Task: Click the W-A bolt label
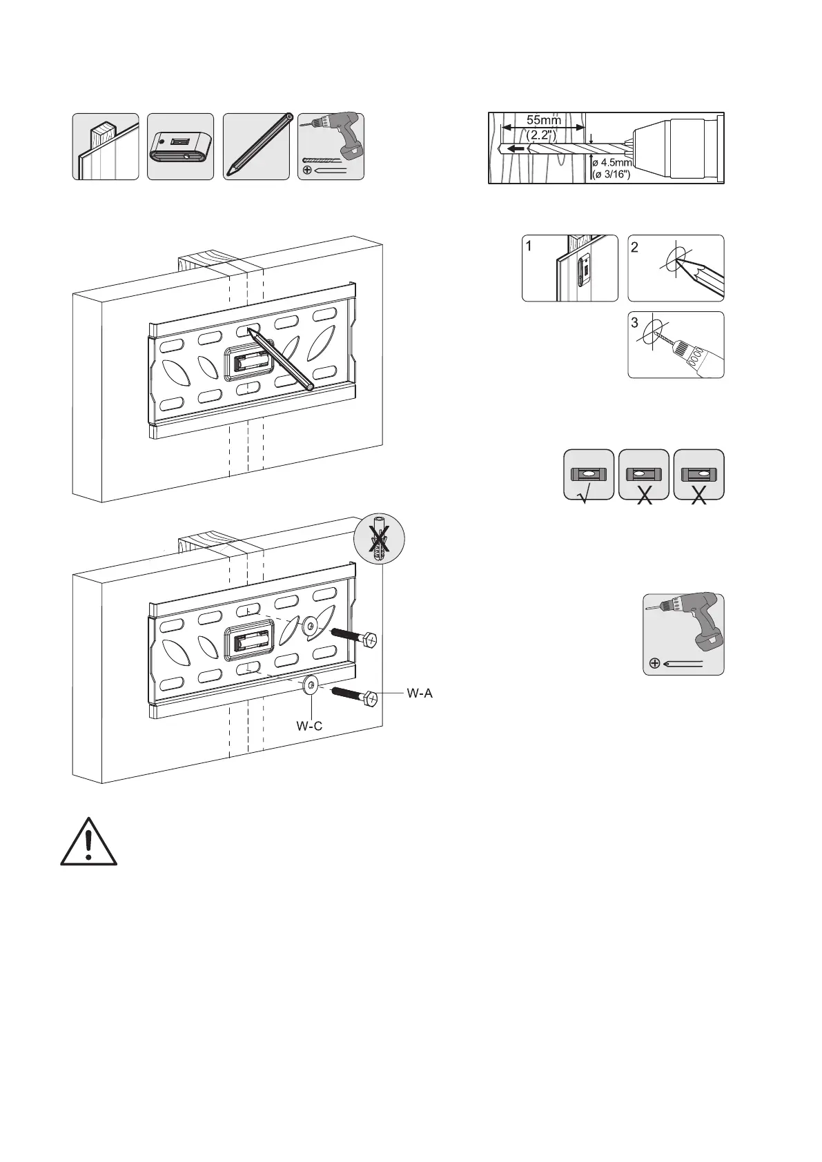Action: coord(419,693)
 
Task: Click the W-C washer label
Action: coord(309,726)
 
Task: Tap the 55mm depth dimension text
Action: coord(544,119)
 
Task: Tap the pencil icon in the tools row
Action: coord(257,147)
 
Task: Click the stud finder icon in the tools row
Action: coord(180,147)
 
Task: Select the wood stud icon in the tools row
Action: coord(106,147)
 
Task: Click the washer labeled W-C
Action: coord(311,685)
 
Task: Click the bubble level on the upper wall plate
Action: coord(248,360)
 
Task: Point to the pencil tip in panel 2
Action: coord(679,261)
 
